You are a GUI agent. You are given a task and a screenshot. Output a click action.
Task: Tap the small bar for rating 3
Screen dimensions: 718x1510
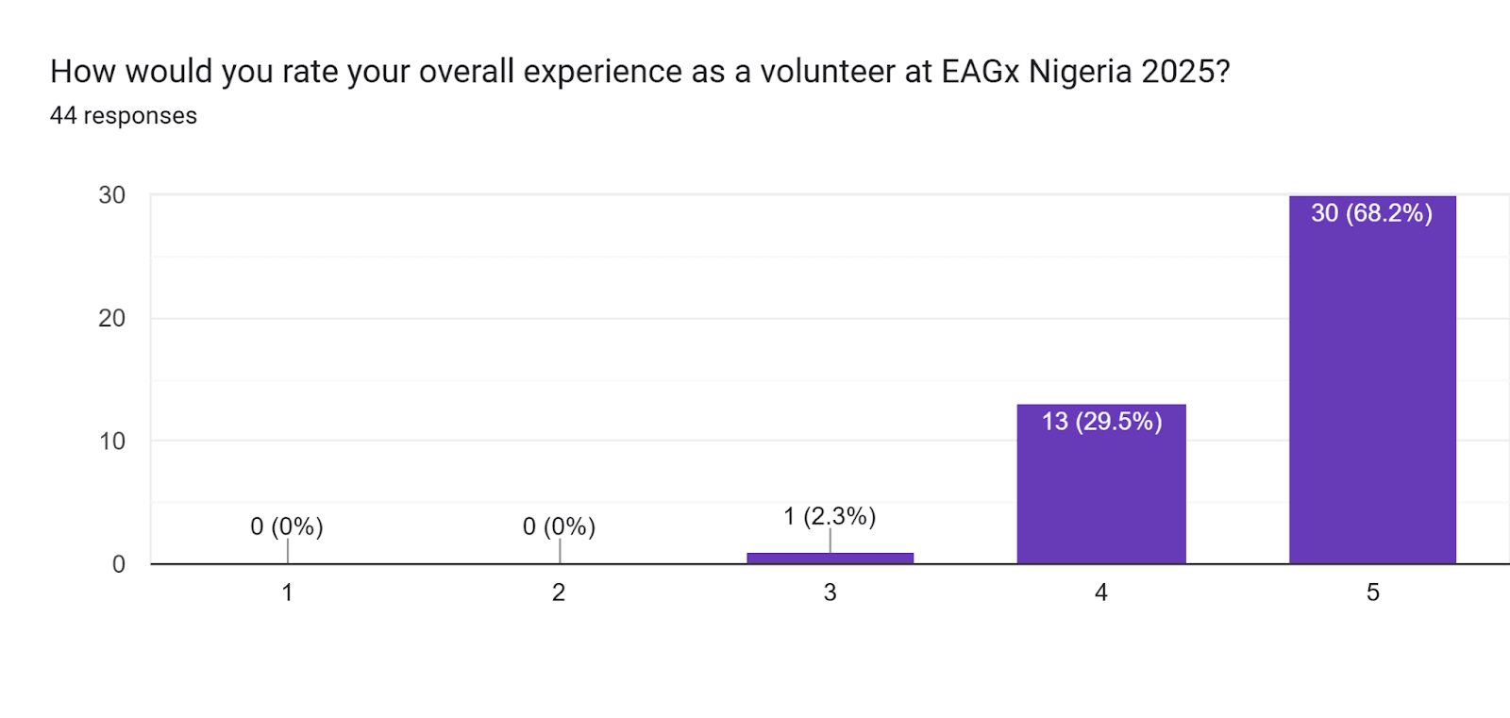click(830, 558)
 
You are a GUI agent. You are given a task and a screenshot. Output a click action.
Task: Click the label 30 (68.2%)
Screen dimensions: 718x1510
click(1371, 213)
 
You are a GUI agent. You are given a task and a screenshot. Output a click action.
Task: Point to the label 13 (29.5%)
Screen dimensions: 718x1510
click(1101, 421)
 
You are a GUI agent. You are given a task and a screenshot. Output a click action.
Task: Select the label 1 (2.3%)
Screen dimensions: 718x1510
click(830, 516)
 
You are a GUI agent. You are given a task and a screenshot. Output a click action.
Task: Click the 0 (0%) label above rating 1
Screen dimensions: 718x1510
click(287, 526)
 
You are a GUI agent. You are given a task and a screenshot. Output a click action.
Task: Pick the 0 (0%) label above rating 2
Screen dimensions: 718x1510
click(559, 526)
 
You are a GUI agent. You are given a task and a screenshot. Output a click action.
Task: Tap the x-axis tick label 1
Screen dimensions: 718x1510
click(287, 593)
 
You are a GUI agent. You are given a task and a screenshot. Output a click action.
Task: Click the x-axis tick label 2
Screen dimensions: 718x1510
click(559, 593)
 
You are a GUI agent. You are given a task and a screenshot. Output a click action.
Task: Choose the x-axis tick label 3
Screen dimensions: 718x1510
click(830, 593)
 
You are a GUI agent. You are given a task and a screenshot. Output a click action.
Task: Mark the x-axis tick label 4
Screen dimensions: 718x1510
click(1100, 593)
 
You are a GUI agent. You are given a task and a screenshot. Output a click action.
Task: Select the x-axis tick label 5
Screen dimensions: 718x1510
click(1372, 593)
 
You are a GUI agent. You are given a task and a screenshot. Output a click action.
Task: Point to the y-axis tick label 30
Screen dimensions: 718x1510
click(111, 195)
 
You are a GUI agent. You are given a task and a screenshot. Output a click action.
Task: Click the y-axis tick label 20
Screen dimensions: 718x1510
click(111, 318)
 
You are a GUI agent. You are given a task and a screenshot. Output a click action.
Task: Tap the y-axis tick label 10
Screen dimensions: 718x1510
click(111, 441)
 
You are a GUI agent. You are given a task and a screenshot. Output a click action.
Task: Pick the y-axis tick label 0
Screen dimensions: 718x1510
click(118, 564)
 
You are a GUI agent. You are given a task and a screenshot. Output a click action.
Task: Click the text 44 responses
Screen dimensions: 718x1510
click(124, 116)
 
